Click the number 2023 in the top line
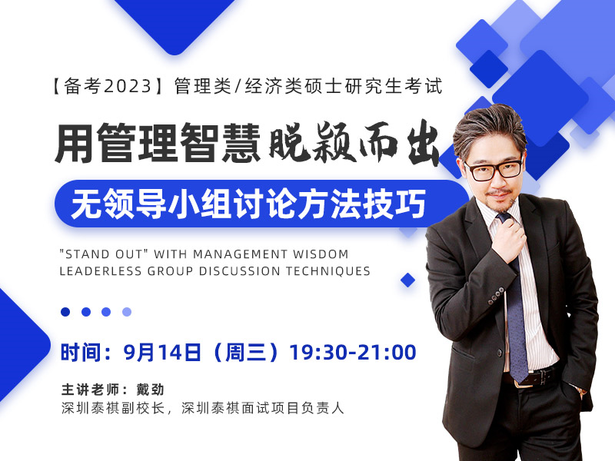(x=128, y=86)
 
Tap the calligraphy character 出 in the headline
(x=423, y=145)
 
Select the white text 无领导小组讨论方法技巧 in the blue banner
(x=248, y=204)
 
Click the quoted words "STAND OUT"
(x=104, y=254)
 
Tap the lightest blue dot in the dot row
(x=127, y=312)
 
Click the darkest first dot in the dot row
(x=65, y=312)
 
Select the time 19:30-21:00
(x=353, y=352)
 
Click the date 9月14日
(x=162, y=352)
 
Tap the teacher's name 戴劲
(x=150, y=390)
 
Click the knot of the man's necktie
(x=504, y=218)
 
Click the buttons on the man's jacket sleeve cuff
(x=496, y=295)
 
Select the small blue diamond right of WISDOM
(x=408, y=280)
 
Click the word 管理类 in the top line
(x=203, y=86)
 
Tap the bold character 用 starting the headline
(x=75, y=143)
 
